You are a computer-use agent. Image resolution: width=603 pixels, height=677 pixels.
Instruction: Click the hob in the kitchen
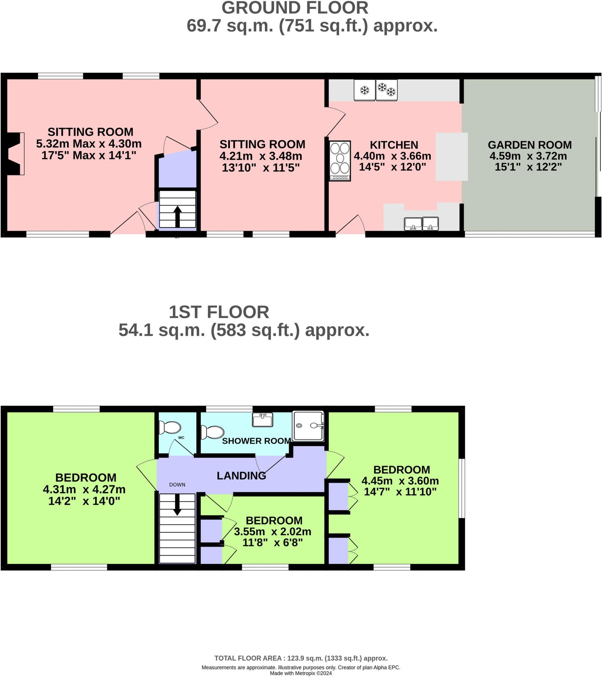click(340, 161)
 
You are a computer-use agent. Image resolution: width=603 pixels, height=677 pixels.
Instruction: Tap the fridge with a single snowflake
click(364, 90)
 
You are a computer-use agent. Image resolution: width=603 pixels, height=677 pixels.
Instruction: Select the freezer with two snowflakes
click(387, 90)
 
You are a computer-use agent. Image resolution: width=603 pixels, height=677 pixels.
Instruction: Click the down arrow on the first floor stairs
click(177, 504)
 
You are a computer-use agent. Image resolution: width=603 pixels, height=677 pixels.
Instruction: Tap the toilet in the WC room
click(170, 427)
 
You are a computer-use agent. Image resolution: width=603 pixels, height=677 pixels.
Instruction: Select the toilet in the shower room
click(213, 432)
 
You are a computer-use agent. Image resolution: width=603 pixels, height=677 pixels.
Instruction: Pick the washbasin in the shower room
click(263, 419)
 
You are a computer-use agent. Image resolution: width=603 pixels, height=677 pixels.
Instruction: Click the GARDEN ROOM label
click(530, 145)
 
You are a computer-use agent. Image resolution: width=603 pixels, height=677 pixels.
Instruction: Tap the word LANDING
click(241, 476)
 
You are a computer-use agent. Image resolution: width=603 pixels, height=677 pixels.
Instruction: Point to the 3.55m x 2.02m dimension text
click(273, 532)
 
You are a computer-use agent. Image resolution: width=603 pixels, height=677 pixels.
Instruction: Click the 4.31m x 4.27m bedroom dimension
click(84, 489)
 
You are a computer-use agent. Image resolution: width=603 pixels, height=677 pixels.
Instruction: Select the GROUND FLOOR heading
click(295, 8)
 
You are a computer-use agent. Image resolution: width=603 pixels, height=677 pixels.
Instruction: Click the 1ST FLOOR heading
click(219, 312)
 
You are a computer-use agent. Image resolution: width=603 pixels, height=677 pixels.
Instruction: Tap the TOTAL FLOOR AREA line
click(301, 658)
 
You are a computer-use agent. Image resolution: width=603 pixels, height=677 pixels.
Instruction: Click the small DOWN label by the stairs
click(177, 485)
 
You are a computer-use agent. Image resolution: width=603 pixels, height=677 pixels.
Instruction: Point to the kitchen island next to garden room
click(452, 157)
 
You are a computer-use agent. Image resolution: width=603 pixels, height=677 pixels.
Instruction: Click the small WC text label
click(181, 438)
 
